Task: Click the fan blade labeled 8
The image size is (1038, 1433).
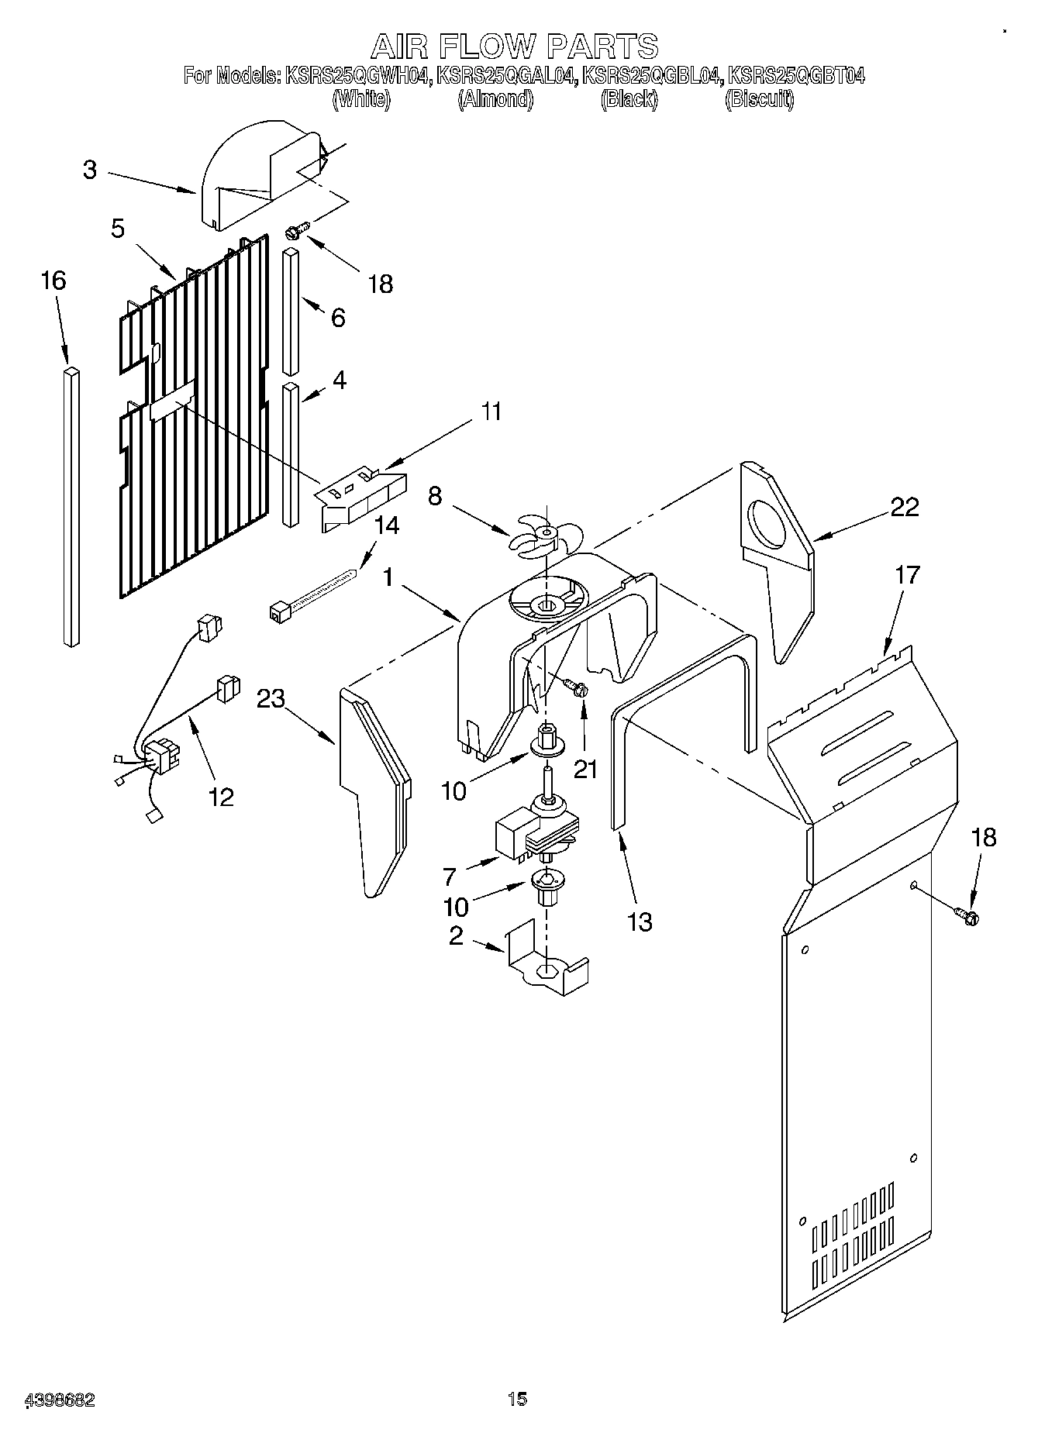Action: coord(543,536)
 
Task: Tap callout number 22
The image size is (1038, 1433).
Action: coord(904,507)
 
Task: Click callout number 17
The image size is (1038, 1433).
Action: coord(907,575)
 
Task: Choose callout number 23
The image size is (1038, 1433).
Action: coord(271,699)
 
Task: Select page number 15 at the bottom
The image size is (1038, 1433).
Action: coord(517,1399)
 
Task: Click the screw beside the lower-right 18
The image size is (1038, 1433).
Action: coord(967,915)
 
